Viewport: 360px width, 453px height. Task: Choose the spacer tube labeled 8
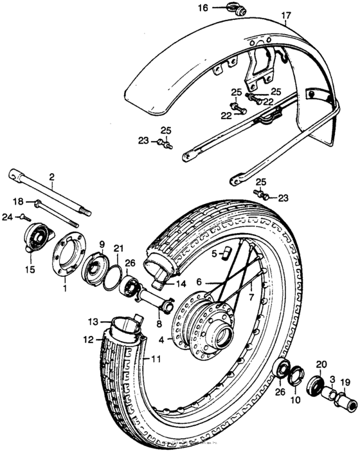(x=154, y=300)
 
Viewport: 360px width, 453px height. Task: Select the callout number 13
(x=93, y=320)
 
